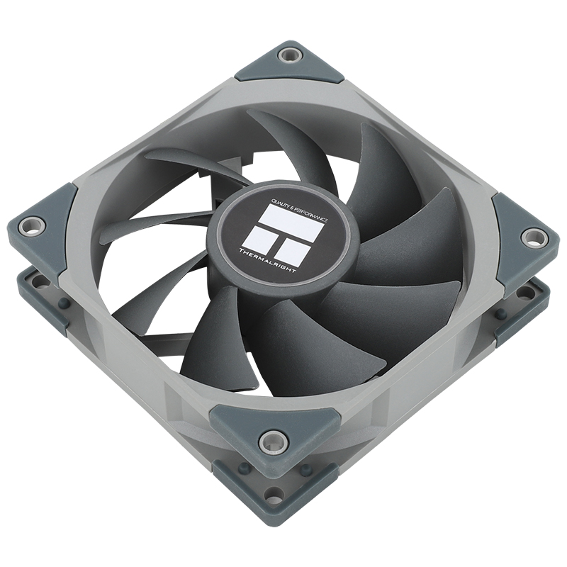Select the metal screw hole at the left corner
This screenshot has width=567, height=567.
click(x=30, y=226)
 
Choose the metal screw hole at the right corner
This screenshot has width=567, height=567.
click(x=532, y=235)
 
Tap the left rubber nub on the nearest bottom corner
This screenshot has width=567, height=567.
click(x=244, y=467)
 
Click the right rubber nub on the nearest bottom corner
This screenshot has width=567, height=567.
click(x=306, y=470)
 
